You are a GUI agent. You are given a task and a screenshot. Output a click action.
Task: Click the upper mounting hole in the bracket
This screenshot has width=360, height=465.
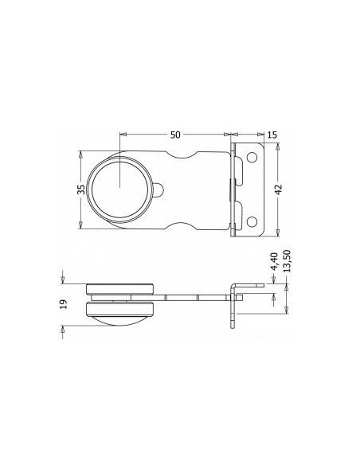point(252,159)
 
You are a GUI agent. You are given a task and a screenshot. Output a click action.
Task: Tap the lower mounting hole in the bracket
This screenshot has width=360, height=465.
point(252,221)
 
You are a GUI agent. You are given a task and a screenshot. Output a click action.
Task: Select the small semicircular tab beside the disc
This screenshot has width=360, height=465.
point(161,190)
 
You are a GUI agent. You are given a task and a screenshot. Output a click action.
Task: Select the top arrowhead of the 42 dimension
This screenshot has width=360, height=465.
point(276,148)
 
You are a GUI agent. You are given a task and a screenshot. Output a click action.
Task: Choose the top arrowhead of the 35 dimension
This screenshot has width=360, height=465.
point(80,153)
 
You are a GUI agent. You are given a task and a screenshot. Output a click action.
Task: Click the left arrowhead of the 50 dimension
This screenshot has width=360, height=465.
point(122,132)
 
